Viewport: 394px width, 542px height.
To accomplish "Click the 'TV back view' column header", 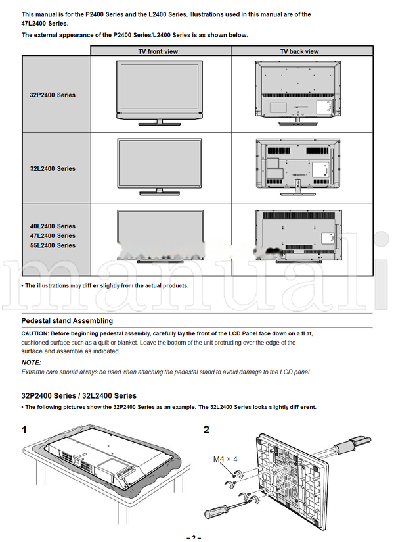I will coord(299,51).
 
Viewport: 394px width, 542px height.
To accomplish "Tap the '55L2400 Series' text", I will coord(53,245).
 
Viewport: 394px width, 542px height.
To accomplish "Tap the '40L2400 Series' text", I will coord(53,226).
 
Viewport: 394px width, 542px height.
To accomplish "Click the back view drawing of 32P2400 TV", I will coord(299,91).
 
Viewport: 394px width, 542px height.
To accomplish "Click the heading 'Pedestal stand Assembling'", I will coord(67,321).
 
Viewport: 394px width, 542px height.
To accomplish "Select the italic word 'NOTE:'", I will coord(31,362).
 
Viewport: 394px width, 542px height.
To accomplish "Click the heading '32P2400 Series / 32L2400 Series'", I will coord(79,396).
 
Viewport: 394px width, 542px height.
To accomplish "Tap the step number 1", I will coord(24,430).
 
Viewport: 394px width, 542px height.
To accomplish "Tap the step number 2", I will coord(206,430).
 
